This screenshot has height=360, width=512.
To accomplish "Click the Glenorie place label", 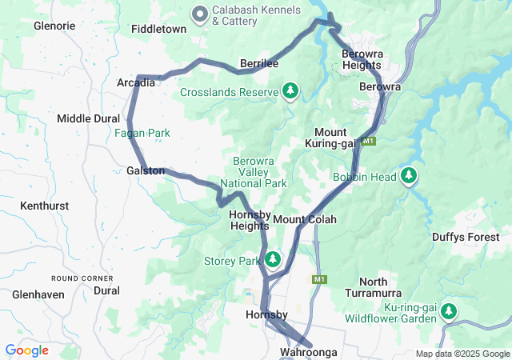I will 54,26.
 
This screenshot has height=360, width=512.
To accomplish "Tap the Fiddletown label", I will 158,29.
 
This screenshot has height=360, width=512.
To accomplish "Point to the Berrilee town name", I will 259,63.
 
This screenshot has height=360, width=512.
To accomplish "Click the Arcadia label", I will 136,83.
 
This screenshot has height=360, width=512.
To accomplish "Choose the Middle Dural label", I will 87,118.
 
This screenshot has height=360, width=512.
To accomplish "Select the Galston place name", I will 146,170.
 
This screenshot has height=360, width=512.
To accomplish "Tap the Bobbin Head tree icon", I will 410,175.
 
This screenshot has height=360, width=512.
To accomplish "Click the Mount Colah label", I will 305,219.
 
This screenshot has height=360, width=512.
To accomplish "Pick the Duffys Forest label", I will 465,237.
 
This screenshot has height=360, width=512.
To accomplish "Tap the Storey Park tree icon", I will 274,260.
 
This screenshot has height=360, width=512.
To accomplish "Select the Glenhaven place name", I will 38,294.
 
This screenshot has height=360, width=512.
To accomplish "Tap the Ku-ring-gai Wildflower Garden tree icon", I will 449,311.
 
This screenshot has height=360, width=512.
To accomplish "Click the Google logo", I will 26,350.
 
